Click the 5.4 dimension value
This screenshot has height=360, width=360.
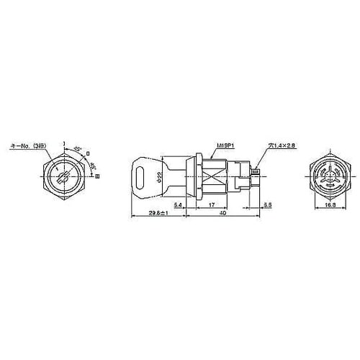177,206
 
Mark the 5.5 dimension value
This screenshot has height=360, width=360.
268,206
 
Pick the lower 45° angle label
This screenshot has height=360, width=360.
92,163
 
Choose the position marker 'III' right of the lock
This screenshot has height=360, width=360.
97,175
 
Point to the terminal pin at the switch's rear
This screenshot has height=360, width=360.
258,171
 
